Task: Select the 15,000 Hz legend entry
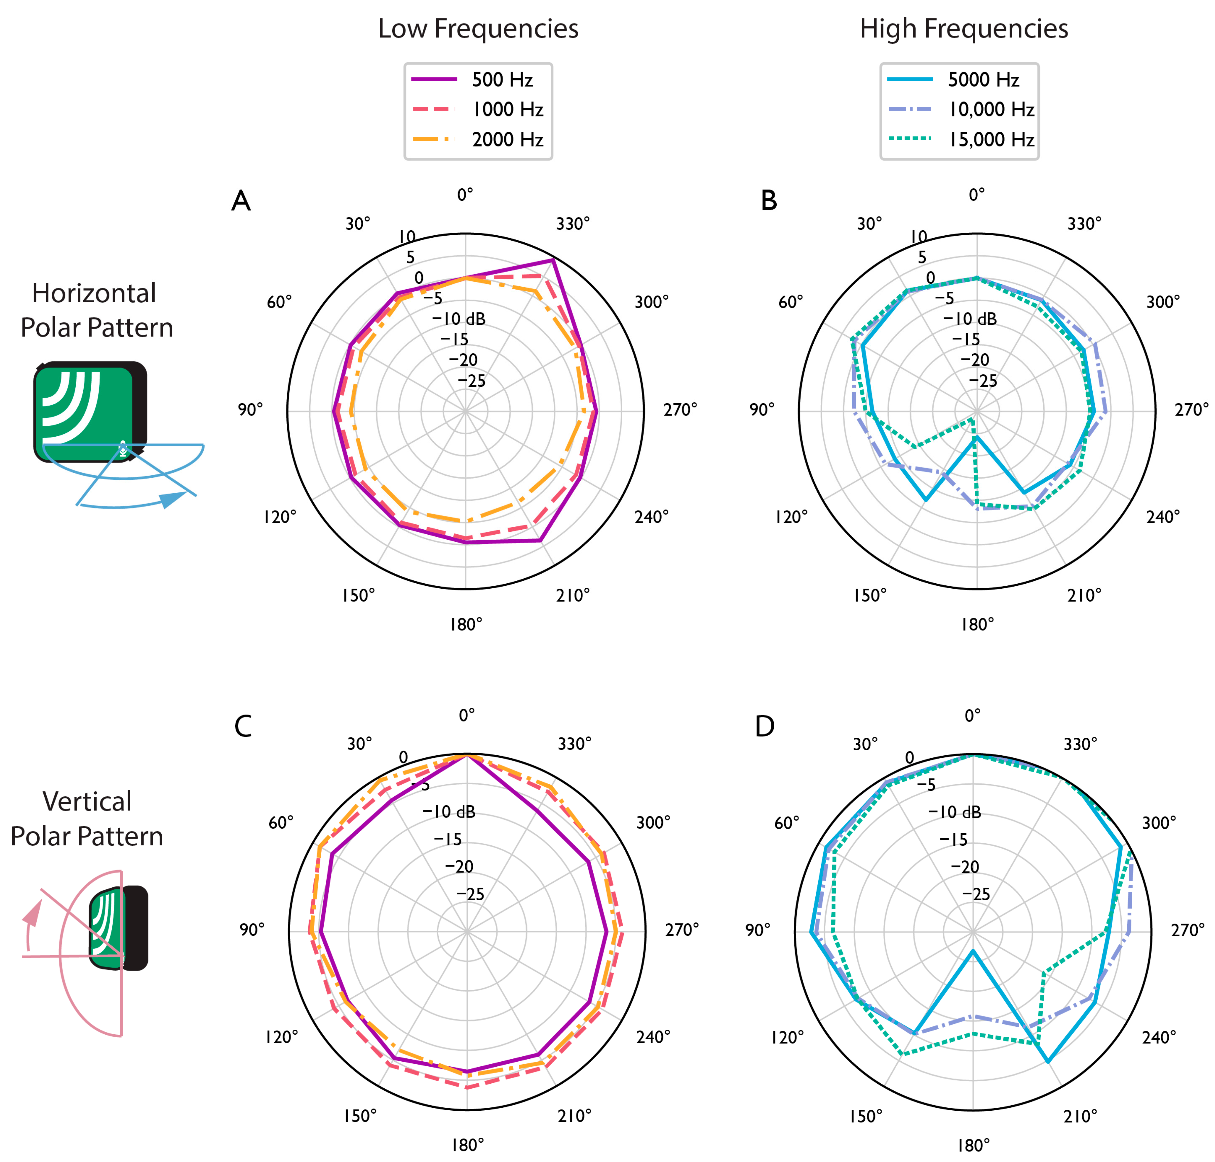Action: [991, 139]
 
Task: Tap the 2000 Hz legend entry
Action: [506, 139]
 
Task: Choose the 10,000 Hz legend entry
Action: [991, 110]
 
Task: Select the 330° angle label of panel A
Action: [572, 224]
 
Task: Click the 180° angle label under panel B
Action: [976, 624]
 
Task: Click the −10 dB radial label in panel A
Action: [458, 319]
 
